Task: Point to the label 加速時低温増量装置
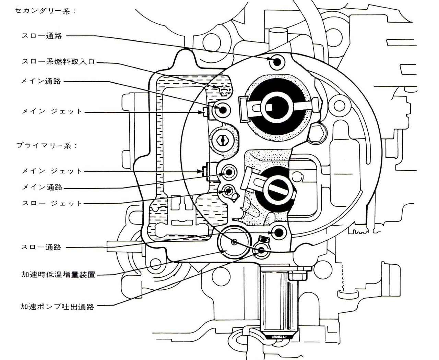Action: coord(58,275)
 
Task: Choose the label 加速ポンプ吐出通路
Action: coord(57,307)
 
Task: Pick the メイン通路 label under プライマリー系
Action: coord(42,187)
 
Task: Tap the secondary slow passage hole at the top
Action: coord(277,62)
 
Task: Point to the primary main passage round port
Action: coord(228,171)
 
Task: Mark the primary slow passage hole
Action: coord(278,232)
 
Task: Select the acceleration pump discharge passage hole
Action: coord(262,250)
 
